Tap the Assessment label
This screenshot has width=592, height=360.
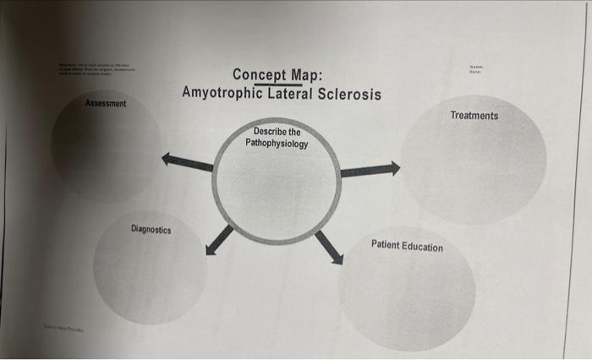106,103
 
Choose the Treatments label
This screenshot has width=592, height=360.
474,115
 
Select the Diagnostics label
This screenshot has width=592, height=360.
151,229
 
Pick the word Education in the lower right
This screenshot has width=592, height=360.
423,247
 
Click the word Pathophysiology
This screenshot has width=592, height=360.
277,144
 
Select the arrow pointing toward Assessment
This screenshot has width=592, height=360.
187,161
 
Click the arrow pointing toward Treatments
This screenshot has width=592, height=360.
370,170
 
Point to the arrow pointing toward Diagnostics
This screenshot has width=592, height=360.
218,239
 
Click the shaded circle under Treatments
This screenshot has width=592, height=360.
474,165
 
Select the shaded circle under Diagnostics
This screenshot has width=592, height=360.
150,270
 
